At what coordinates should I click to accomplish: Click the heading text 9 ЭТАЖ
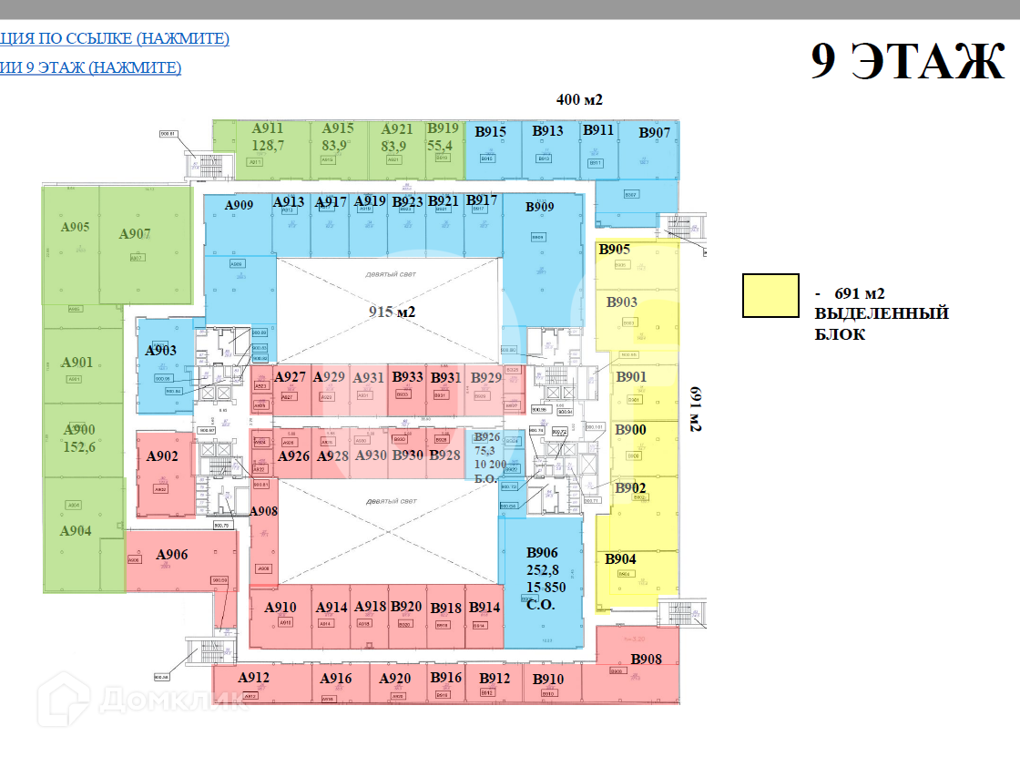click(907, 62)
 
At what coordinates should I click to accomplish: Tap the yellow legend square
click(770, 296)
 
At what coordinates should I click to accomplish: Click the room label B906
click(542, 553)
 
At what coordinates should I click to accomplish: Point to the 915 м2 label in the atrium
click(392, 312)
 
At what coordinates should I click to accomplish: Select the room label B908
click(646, 660)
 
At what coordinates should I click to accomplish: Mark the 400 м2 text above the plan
click(580, 99)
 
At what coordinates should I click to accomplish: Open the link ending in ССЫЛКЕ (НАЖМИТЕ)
click(115, 38)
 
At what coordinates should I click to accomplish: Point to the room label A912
click(254, 678)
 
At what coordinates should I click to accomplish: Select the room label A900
click(78, 430)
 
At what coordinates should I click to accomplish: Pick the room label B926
click(487, 438)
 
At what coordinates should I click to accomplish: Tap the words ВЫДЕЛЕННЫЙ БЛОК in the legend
click(882, 323)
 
